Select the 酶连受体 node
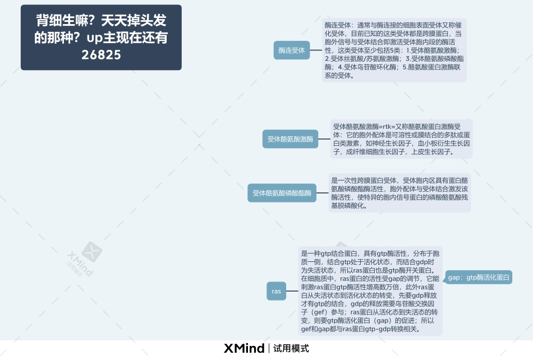[x=292, y=50]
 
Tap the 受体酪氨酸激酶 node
[x=290, y=139]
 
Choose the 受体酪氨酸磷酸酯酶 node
[x=282, y=193]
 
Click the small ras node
[x=276, y=291]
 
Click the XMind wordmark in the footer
[x=244, y=348]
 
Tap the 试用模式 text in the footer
[x=291, y=348]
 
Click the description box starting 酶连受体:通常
[x=394, y=50]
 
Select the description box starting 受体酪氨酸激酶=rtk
[x=401, y=139]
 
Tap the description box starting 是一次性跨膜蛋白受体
[x=399, y=193]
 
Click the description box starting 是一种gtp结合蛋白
[x=370, y=290]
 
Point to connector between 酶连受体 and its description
[x=316, y=50]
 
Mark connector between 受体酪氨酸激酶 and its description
[x=324, y=139]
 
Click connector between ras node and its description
[x=292, y=291]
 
